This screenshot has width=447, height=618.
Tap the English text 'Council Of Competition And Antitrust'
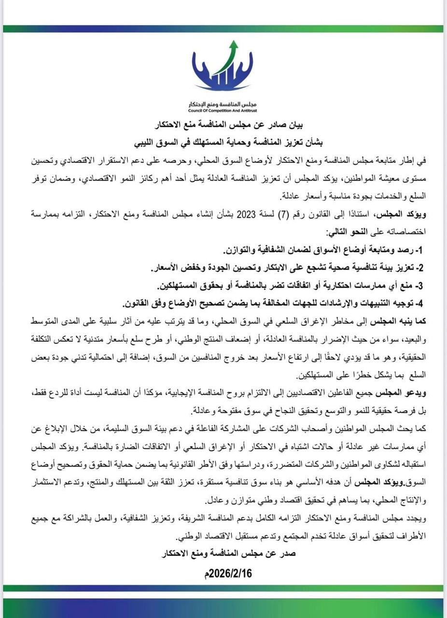click(x=223, y=110)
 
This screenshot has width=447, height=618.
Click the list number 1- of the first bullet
click(x=419, y=251)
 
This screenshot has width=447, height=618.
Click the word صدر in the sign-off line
click(x=288, y=554)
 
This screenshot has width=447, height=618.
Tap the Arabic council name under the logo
click(x=223, y=104)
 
